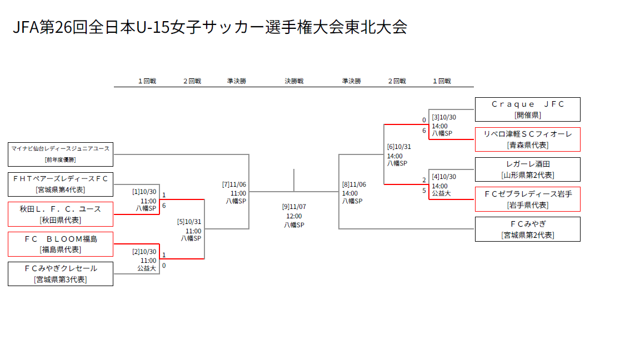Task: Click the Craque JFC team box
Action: pos(527,109)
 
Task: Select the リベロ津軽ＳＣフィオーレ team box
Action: pos(527,139)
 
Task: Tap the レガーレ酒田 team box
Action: pos(527,169)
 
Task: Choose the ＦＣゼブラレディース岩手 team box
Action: pos(527,199)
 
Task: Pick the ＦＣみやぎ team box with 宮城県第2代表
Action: pos(527,229)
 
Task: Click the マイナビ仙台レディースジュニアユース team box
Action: pos(61,154)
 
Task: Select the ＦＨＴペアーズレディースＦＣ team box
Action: pos(61,184)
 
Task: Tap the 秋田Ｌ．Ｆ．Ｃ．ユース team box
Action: pos(61,214)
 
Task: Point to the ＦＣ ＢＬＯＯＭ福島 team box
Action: pos(61,244)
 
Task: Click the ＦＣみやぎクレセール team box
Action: pos(61,274)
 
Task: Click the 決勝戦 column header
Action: pos(294,81)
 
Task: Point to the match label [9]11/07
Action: pos(294,207)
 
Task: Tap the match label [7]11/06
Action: pos(234,184)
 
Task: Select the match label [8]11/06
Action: pos(354,184)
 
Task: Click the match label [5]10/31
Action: pos(189,222)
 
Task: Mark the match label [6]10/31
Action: pos(399,147)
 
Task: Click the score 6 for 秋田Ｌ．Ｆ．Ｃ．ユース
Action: pos(164,206)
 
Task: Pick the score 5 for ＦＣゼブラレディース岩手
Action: pos(424,191)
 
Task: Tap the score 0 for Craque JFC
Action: pos(424,120)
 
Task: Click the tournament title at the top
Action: pos(210,27)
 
